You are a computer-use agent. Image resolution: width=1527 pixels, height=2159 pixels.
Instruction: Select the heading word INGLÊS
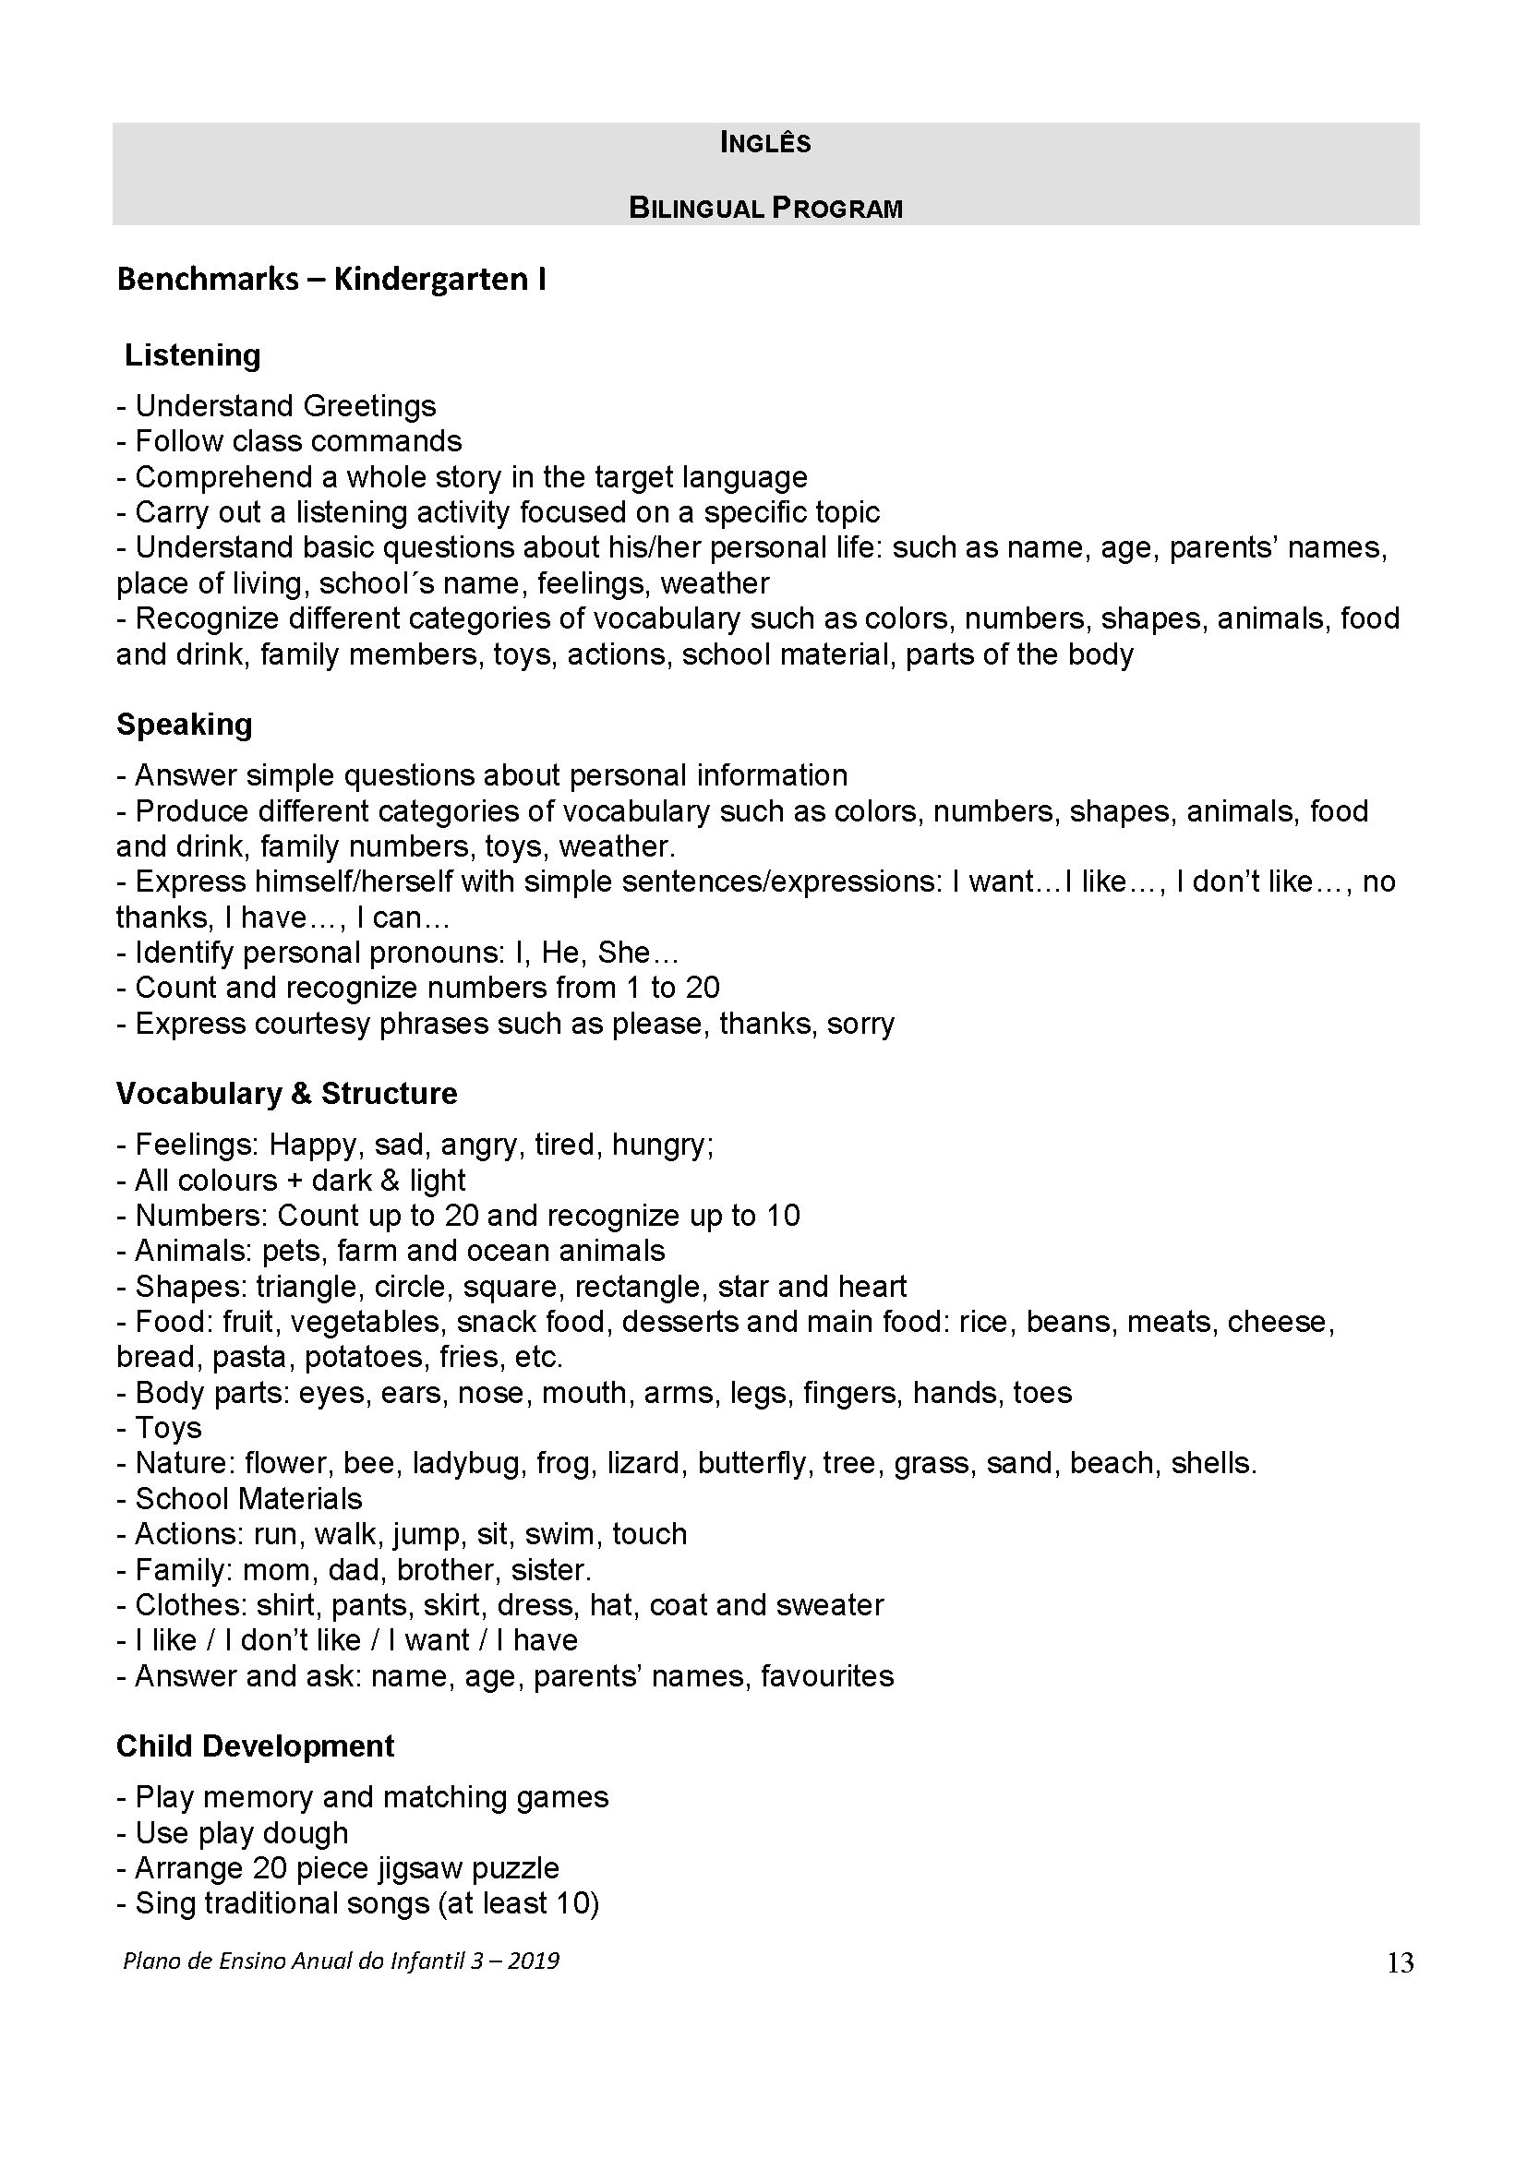click(764, 143)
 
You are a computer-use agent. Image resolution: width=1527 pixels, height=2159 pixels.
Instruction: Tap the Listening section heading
click(193, 355)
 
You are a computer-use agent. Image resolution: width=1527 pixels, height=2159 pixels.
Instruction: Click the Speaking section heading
click(185, 724)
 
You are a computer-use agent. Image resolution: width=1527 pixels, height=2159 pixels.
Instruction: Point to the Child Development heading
click(255, 1745)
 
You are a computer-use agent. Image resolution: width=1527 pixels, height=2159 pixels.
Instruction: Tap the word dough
click(305, 1833)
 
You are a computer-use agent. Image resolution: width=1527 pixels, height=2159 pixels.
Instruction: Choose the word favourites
click(827, 1675)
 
